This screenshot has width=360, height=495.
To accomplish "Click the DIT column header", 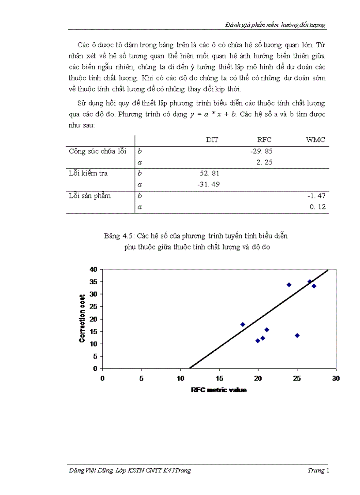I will [x=212, y=140].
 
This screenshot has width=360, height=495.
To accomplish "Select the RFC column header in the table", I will [x=264, y=140].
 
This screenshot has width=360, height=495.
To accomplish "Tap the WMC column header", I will [x=315, y=140].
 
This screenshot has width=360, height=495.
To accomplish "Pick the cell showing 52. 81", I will [x=210, y=173].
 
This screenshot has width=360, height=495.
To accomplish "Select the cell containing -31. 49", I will [x=208, y=184].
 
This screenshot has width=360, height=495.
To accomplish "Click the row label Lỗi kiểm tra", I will [x=88, y=173].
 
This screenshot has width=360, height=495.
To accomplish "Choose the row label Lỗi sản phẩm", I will [x=90, y=196].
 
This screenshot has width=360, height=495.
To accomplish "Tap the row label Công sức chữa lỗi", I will [x=97, y=151].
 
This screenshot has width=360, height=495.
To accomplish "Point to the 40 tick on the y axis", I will [x=93, y=269].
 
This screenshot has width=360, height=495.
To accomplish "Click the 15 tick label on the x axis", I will [x=219, y=378].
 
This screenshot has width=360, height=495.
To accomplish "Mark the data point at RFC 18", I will [x=243, y=324].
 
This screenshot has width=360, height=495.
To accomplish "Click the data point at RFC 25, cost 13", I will [x=297, y=335].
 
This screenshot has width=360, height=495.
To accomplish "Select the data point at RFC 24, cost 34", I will [x=289, y=285].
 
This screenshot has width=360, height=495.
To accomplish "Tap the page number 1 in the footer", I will [x=327, y=470].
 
